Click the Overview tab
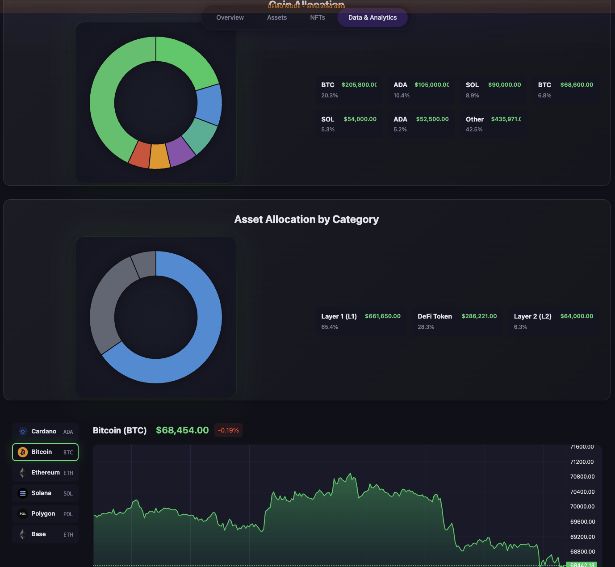click(230, 17)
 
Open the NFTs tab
click(318, 17)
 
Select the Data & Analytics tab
click(372, 17)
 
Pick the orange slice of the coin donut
click(159, 156)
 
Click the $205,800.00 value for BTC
click(359, 85)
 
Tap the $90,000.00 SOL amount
click(504, 85)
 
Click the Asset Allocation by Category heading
click(306, 219)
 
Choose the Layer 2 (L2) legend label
click(532, 316)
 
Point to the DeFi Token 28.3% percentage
click(426, 327)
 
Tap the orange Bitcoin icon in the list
click(23, 452)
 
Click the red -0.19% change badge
click(228, 430)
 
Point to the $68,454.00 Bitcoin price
click(182, 430)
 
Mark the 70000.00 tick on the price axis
click(582, 507)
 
